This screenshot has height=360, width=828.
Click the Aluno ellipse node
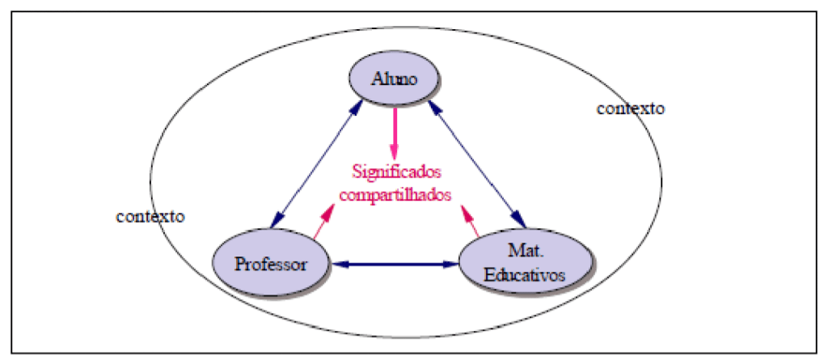click(394, 78)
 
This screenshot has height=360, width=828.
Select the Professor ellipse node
click(271, 264)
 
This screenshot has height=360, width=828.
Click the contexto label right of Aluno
click(630, 108)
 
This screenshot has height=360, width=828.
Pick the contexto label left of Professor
click(150, 216)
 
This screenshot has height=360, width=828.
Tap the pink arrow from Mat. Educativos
click(470, 219)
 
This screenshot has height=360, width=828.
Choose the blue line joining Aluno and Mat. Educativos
click(477, 162)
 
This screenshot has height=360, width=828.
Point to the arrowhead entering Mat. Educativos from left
click(452, 264)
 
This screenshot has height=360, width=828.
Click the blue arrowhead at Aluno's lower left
click(357, 107)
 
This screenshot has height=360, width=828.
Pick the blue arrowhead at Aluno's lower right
click(434, 105)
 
